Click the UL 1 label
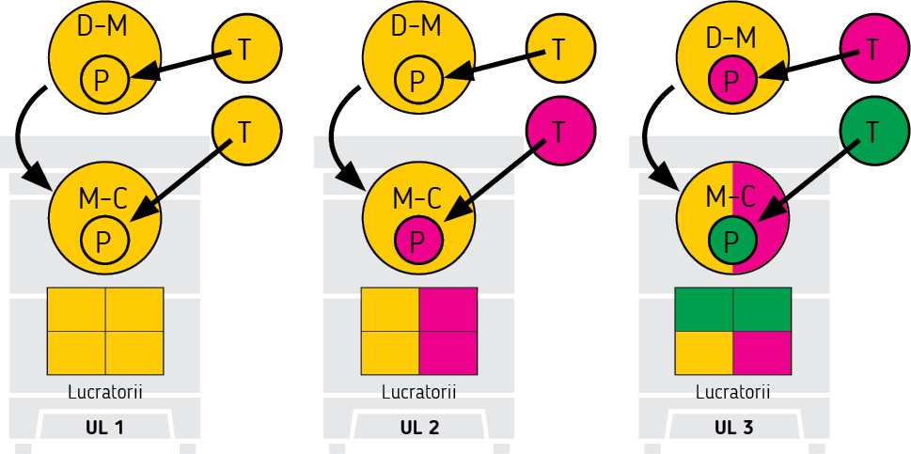pyautogui.click(x=105, y=428)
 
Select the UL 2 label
pyautogui.click(x=419, y=428)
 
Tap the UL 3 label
pyautogui.click(x=733, y=428)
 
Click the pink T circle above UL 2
pyautogui.click(x=559, y=132)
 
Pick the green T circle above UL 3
pyautogui.click(x=873, y=132)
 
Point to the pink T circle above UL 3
pyautogui.click(x=873, y=49)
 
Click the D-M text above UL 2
pyautogui.click(x=417, y=25)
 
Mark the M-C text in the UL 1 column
pyautogui.click(x=102, y=197)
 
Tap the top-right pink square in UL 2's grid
pyautogui.click(x=448, y=309)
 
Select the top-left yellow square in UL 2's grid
pyautogui.click(x=390, y=309)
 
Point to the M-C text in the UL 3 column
pyautogui.click(x=730, y=197)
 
